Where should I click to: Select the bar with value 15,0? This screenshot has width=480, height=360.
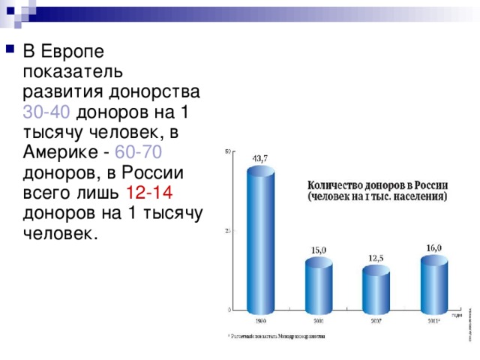(x=318, y=285)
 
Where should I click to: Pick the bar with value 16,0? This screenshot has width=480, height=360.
(x=433, y=283)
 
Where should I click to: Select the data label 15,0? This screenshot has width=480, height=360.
(x=319, y=250)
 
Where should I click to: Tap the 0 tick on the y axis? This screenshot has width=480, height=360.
(x=229, y=309)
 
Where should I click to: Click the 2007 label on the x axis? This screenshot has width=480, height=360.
(x=376, y=320)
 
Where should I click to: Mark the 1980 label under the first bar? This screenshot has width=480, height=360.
(x=261, y=320)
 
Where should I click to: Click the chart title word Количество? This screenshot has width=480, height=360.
(x=335, y=184)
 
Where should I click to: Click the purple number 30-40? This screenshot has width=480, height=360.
(x=47, y=112)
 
